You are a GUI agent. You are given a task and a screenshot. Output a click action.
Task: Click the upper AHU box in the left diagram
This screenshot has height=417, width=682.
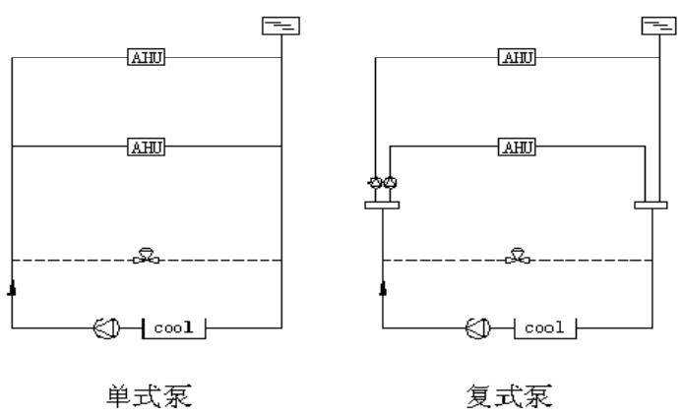[146, 57]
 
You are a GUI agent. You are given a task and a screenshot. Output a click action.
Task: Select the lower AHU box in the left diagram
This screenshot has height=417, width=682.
[146, 147]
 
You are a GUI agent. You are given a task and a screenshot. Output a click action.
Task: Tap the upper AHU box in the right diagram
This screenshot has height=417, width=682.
[517, 57]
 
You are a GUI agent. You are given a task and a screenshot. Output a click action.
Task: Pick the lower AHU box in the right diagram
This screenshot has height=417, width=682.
[517, 147]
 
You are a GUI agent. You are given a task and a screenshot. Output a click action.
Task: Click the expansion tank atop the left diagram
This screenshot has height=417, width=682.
[281, 26]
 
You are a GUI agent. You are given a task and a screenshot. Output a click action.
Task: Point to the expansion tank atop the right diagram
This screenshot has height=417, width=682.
[659, 26]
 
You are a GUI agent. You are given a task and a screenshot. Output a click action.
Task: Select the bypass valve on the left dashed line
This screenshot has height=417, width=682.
[146, 256]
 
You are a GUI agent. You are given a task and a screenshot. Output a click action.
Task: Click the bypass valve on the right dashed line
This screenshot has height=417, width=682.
[518, 256]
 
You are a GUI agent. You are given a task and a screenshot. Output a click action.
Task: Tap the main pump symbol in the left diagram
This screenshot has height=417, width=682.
[106, 328]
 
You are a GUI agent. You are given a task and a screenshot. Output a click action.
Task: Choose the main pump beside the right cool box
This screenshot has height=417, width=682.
[478, 328]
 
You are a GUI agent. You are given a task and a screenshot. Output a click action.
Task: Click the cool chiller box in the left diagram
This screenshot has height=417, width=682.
[174, 328]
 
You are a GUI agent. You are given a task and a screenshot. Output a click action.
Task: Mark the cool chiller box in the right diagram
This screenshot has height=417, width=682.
[545, 328]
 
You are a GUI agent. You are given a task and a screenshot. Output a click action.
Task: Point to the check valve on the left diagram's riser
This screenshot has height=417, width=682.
[12, 288]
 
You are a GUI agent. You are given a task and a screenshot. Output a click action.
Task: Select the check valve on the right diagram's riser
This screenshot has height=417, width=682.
[383, 288]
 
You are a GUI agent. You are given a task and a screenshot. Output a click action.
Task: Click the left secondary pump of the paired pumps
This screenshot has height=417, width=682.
[375, 183]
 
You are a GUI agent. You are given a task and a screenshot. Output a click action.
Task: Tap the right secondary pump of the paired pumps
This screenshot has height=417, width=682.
[390, 183]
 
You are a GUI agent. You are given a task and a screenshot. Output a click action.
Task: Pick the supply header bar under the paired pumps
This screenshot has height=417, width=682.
[382, 206]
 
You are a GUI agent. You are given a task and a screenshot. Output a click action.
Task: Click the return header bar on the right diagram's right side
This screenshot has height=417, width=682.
[651, 206]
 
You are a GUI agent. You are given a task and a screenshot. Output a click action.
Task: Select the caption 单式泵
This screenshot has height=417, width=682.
[150, 395]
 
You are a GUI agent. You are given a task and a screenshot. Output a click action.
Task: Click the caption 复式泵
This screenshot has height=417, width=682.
[510, 395]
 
